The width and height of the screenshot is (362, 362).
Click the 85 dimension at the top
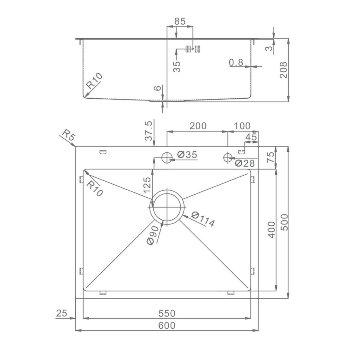tap(180, 21)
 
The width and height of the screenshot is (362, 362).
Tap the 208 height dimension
tap(284, 70)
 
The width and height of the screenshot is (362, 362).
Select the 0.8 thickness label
tap(236, 62)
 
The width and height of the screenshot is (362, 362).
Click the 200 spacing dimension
tap(198, 126)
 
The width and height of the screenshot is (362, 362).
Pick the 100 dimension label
tap(242, 126)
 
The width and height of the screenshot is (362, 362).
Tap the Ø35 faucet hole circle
tap(167, 158)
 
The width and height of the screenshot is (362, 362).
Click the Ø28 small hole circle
tap(227, 157)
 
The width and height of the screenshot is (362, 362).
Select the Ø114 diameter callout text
tap(203, 219)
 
